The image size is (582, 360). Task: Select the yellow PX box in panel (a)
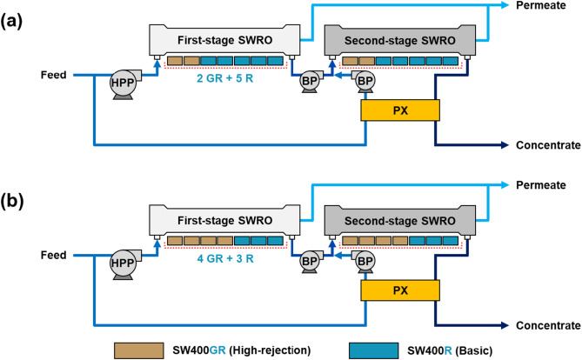coord(400,110)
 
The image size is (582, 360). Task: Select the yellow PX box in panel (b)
coord(400,288)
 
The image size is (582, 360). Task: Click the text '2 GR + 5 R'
coord(226,78)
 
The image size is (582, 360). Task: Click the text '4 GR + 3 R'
coord(226,256)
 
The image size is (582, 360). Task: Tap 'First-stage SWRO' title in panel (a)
coord(226,39)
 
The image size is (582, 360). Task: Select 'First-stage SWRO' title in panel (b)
coord(226,217)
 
